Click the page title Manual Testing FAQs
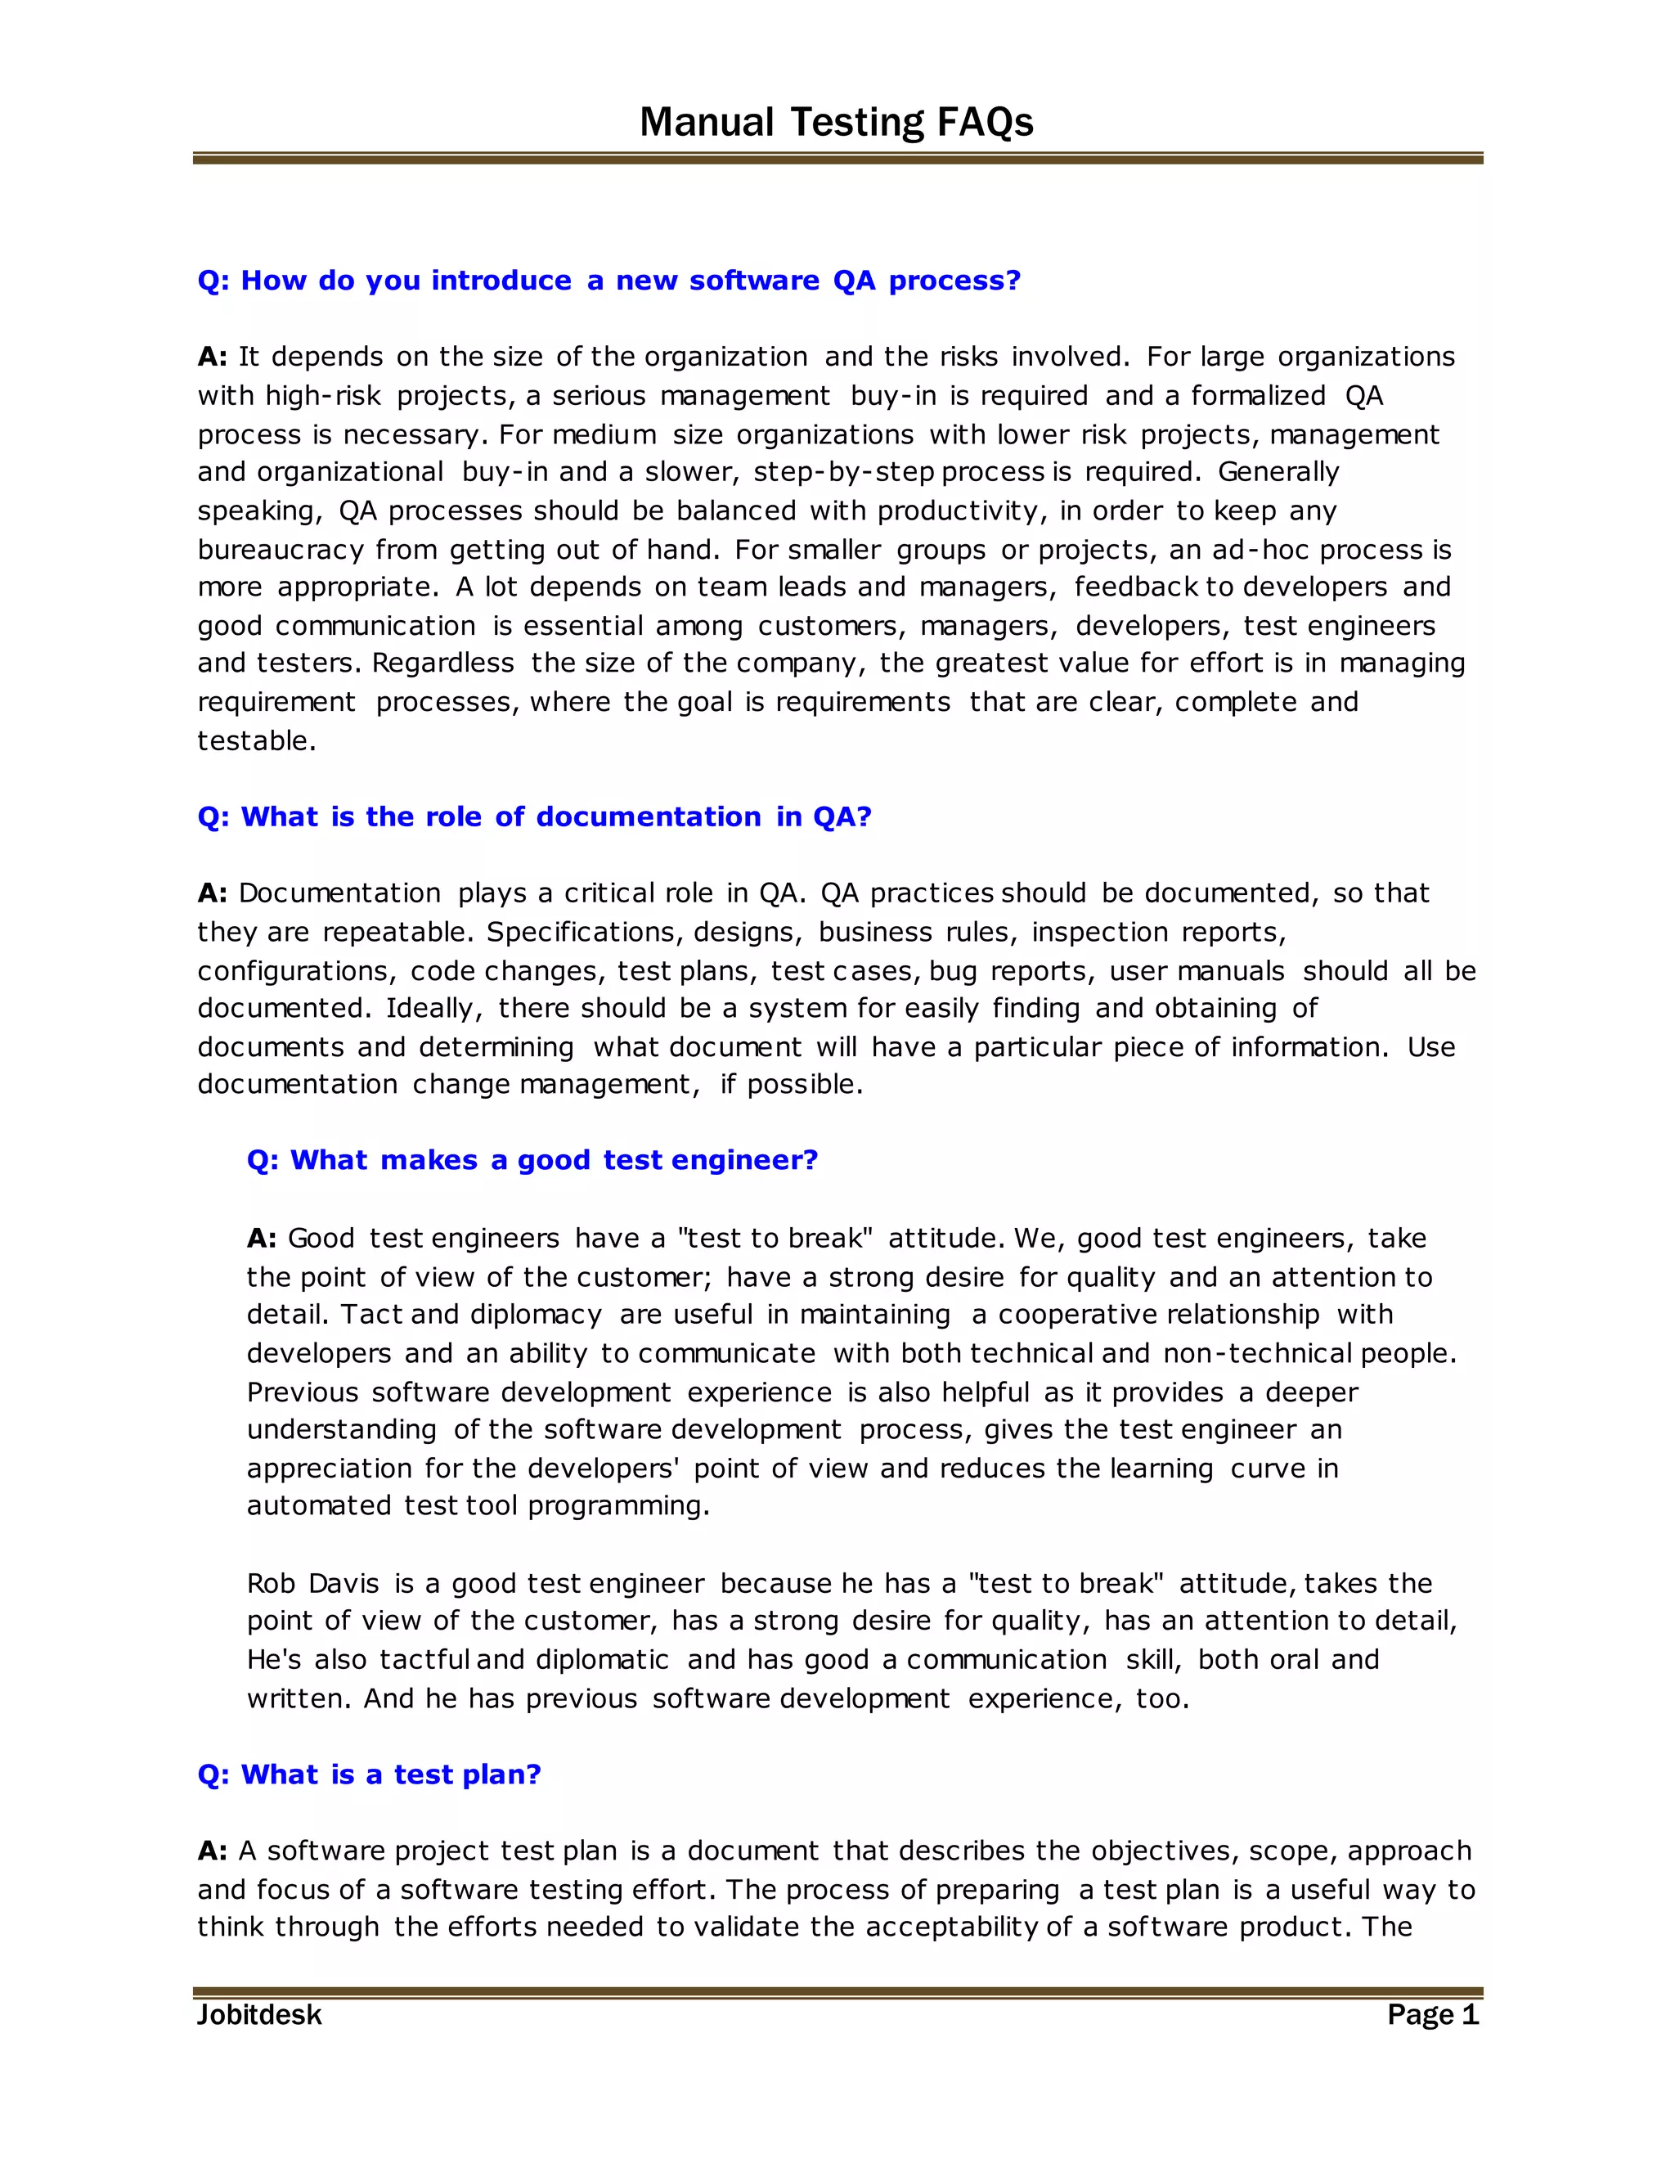click(836, 122)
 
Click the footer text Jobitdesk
click(259, 2014)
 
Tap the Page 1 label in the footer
click(1432, 2014)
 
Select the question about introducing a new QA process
click(608, 281)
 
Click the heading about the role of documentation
click(534, 817)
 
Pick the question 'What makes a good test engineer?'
click(532, 1160)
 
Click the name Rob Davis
click(312, 1583)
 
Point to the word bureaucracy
click(280, 550)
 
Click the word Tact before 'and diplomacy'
click(371, 1315)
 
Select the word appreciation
click(329, 1469)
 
